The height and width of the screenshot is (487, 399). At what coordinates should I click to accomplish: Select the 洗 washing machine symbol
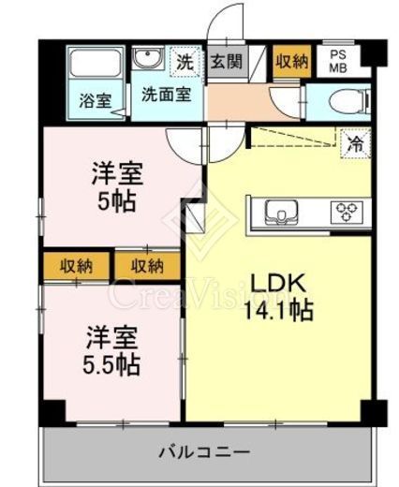[185, 63]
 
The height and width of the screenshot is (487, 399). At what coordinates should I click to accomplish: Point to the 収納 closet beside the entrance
[291, 62]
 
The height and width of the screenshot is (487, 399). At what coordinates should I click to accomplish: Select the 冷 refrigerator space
[355, 143]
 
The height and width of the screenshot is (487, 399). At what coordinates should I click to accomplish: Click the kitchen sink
[279, 212]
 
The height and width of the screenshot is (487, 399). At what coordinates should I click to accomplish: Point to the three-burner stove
[348, 212]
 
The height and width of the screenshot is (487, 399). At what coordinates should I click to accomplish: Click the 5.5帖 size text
[107, 362]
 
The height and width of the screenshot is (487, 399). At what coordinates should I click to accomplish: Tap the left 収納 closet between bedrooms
[77, 265]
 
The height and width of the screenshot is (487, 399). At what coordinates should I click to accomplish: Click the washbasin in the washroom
[147, 62]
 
